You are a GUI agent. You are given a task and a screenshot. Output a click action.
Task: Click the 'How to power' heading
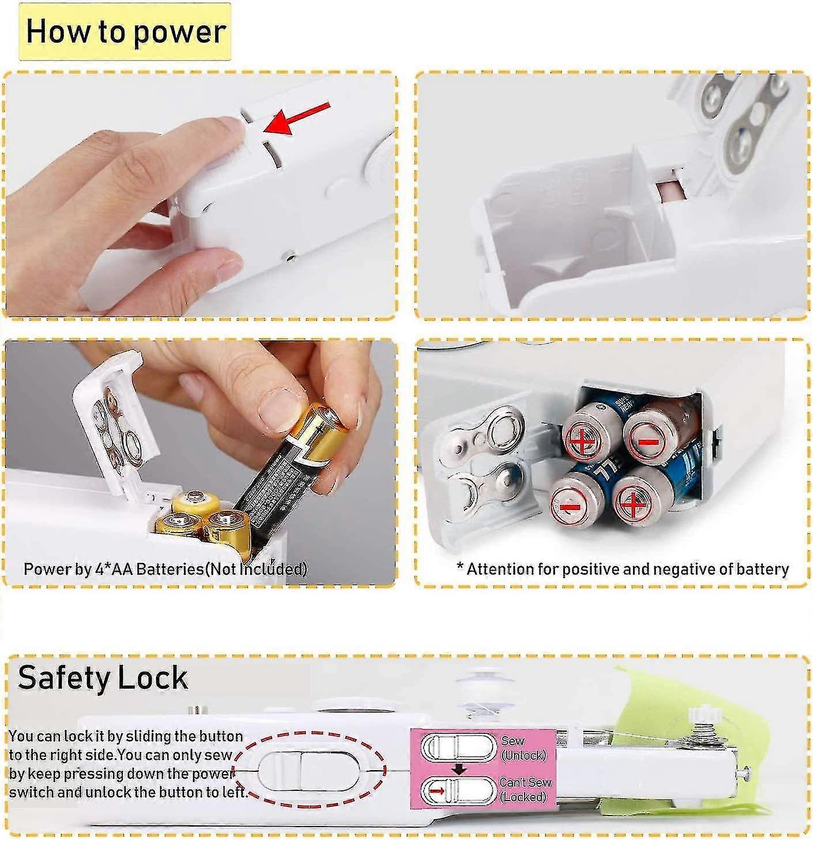click(x=125, y=32)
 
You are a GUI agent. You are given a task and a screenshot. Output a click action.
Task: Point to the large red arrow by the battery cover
click(x=297, y=118)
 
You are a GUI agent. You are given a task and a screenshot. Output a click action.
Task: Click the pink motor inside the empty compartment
click(x=669, y=191)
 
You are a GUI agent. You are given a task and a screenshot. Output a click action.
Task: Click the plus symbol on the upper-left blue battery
click(x=582, y=442)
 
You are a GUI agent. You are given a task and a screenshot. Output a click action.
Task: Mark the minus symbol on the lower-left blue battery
click(x=570, y=507)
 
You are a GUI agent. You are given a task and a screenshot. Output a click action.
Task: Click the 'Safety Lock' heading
click(x=103, y=677)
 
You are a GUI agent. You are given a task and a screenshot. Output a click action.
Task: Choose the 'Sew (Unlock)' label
click(x=522, y=748)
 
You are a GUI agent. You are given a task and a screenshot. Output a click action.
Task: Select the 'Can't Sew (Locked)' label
click(x=525, y=789)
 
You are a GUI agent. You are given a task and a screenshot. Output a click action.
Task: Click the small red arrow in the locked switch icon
click(x=437, y=791)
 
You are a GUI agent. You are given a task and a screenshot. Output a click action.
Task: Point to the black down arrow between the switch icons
click(x=459, y=769)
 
